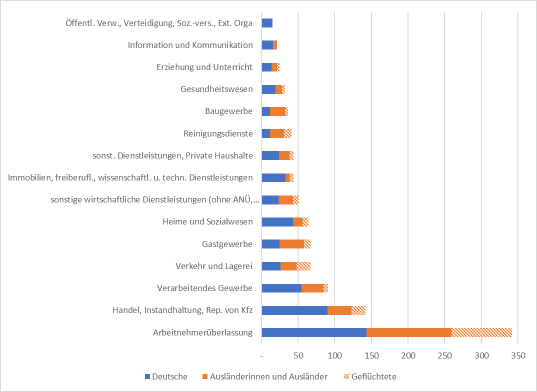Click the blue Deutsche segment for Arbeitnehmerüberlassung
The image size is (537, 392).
coord(314,332)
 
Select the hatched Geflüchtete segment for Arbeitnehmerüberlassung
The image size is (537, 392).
coord(481,332)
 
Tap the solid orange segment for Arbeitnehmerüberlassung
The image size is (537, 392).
coord(409,332)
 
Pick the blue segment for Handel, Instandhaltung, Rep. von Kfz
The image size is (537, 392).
coord(294,310)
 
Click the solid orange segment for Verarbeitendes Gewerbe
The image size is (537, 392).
coord(312,288)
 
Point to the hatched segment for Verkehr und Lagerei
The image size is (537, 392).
coord(303,266)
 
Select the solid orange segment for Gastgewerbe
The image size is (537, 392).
coord(291,244)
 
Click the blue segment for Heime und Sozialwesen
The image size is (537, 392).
coord(277,222)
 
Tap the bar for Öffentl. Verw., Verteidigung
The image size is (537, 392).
coord(267,23)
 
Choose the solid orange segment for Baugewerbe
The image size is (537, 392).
coord(277,111)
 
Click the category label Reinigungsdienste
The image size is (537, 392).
coord(218,133)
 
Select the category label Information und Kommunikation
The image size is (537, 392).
coord(190,45)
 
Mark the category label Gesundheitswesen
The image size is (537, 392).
coord(216,89)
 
